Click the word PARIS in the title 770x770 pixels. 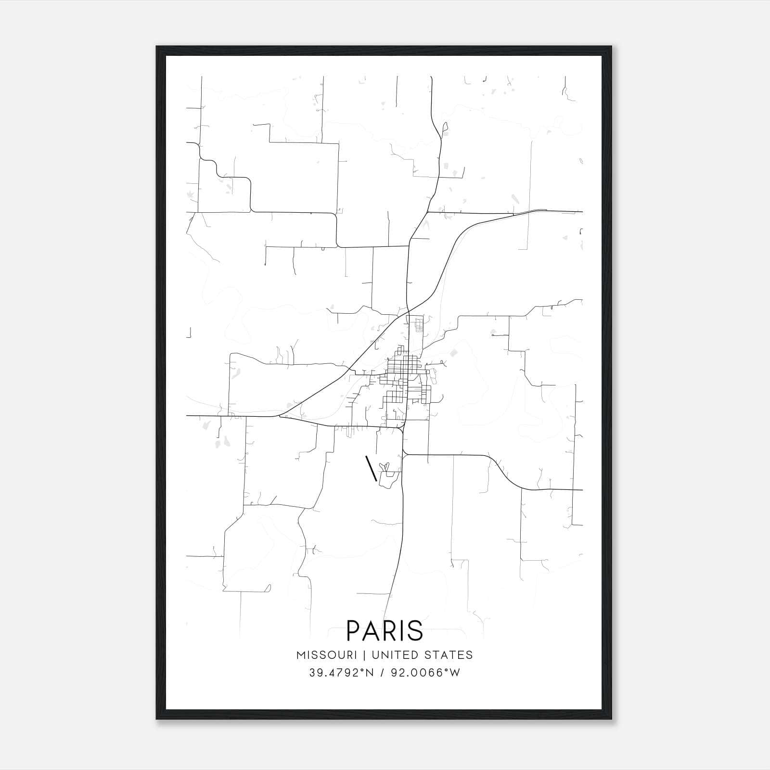coord(385,630)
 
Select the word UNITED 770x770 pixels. coord(394,655)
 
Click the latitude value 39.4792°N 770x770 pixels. coord(341,673)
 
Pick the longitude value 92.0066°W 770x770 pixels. coord(424,673)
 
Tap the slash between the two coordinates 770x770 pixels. coord(382,673)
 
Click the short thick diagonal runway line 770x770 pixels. coord(371,468)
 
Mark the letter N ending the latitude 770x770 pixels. coord(370,673)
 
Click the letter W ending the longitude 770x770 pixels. coord(455,673)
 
